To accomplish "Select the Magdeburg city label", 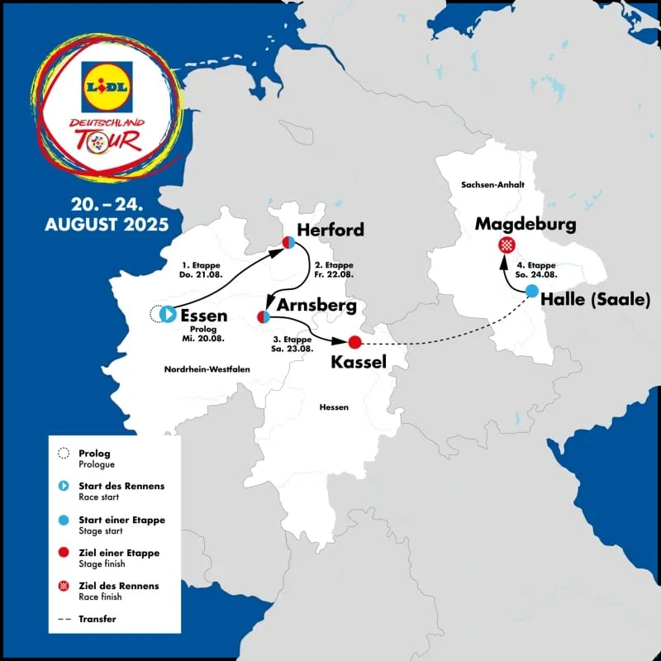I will click(x=525, y=225).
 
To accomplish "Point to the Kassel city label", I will click(x=359, y=361).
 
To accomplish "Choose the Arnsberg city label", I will click(x=316, y=306).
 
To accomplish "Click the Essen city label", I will click(x=203, y=315).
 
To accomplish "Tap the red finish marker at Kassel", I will click(x=355, y=342).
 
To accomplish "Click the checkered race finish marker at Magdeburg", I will click(x=506, y=245).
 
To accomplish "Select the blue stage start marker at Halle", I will click(x=532, y=291).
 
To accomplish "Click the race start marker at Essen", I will click(x=168, y=314).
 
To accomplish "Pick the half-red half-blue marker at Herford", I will click(x=289, y=242).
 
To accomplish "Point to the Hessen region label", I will click(x=335, y=407).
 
